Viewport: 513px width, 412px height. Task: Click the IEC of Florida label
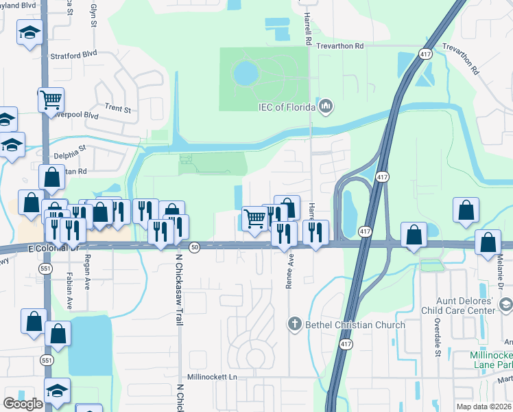point(286,107)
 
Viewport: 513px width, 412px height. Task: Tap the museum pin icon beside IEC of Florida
point(326,106)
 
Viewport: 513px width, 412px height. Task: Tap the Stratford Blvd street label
point(73,54)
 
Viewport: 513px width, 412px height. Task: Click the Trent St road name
point(118,108)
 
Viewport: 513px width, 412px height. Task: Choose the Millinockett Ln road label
point(213,378)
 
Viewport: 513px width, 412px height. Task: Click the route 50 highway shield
point(195,247)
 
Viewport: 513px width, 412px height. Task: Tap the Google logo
point(23,404)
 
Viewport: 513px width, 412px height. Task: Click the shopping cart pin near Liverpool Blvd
point(51,100)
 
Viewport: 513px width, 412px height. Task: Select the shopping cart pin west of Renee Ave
point(254,218)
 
